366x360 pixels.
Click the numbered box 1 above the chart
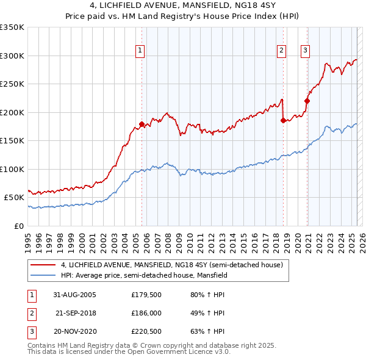140,51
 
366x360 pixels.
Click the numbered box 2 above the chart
281,51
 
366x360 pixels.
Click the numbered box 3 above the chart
304,51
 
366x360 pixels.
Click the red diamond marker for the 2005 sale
142,124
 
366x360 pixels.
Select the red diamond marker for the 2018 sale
283,120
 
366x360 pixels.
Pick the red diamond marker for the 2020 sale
307,101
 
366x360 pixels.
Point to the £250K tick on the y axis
12,84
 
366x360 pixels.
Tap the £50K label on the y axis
14,198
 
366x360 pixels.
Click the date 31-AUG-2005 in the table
74,295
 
